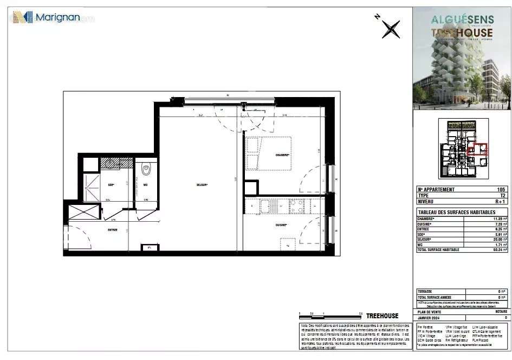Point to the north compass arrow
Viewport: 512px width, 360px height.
click(x=390, y=28)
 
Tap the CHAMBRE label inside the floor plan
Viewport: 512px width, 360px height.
click(x=282, y=155)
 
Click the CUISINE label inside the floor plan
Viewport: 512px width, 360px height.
click(x=280, y=225)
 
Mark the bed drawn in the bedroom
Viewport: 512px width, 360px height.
click(x=268, y=153)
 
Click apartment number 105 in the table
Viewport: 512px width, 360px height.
click(x=501, y=190)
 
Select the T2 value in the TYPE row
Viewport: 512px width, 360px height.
click(x=502, y=195)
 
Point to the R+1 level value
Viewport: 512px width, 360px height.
click(x=500, y=201)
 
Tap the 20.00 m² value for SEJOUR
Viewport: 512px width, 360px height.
click(x=500, y=239)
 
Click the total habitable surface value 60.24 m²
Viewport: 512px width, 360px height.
click(x=499, y=249)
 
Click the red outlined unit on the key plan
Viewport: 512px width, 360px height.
click(x=477, y=149)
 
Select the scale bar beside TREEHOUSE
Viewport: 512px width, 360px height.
click(x=330, y=315)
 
